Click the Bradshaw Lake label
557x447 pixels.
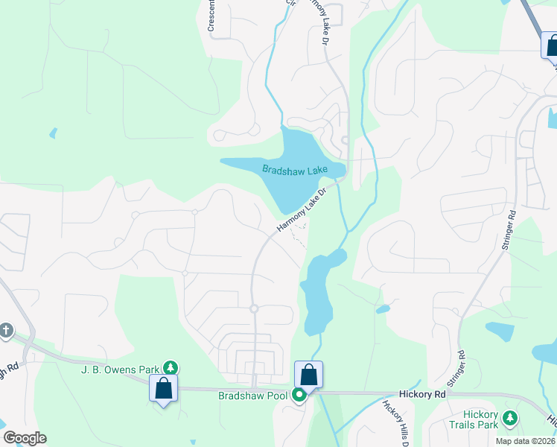(295, 170)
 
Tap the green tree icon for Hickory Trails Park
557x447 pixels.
(510, 418)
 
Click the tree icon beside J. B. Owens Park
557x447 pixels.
(171, 367)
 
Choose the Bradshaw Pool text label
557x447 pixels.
(252, 395)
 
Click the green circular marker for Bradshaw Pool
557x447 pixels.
(299, 395)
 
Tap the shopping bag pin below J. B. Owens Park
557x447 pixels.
(163, 388)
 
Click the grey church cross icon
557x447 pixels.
(6, 330)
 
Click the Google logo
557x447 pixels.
(25, 438)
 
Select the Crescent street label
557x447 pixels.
(211, 16)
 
